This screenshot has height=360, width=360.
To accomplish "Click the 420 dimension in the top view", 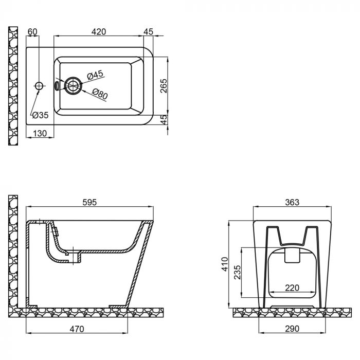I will click(x=99, y=32).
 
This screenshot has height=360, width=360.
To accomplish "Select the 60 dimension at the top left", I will click(x=32, y=32).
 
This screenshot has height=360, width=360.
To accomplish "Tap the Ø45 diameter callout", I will click(x=96, y=75).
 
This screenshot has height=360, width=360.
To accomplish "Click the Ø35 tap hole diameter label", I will click(x=40, y=115).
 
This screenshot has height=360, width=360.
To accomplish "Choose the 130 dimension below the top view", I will click(x=40, y=134).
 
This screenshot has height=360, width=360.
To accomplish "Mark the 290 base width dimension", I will click(x=292, y=328).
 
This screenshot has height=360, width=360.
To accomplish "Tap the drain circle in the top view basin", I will click(x=73, y=85).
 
